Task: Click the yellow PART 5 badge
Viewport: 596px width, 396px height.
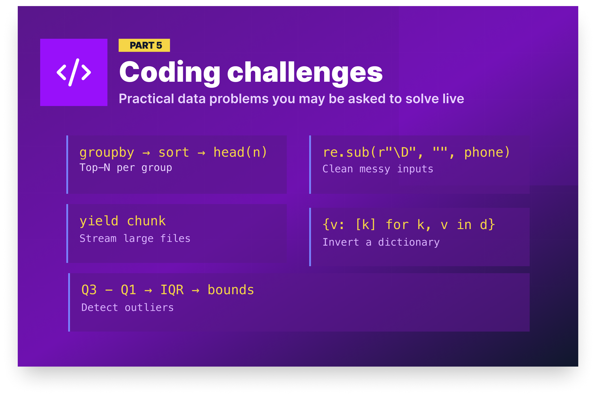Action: click(144, 45)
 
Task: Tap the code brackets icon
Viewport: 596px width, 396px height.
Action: click(74, 72)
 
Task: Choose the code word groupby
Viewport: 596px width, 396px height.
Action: click(107, 152)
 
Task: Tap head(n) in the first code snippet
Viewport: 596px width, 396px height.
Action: click(240, 152)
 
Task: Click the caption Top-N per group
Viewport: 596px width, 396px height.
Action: click(126, 168)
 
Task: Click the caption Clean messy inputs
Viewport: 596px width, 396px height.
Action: click(378, 169)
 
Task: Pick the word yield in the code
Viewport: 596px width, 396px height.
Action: click(99, 221)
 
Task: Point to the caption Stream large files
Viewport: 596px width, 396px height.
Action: click(135, 238)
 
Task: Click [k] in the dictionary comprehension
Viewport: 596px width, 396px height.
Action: click(365, 225)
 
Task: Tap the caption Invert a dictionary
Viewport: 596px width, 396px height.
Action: click(381, 242)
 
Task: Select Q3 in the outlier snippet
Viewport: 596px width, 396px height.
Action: click(89, 290)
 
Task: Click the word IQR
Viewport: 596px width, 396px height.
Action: click(172, 290)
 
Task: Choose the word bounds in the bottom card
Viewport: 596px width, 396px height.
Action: click(231, 290)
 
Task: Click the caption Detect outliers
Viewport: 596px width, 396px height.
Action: click(128, 307)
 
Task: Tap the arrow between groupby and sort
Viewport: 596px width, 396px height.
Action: click(146, 153)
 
